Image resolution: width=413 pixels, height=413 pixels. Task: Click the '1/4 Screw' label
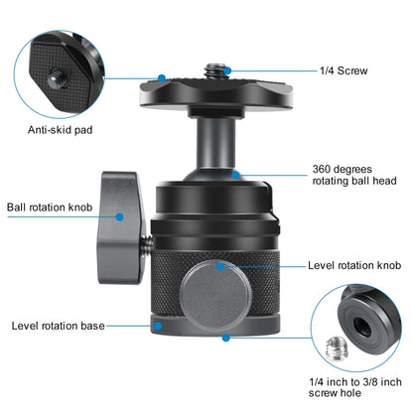coord(344,70)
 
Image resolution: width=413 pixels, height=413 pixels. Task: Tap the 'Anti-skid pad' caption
coord(60,130)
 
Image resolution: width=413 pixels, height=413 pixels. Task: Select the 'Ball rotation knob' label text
coord(50,207)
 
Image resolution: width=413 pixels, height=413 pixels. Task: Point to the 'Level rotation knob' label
coord(354,265)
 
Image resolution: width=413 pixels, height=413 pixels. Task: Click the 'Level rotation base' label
coord(59,326)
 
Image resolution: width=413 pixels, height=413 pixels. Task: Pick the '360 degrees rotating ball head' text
coord(354,175)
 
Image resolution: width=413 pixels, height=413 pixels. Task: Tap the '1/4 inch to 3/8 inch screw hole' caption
coord(355,387)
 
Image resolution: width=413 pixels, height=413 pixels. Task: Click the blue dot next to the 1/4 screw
coord(227,70)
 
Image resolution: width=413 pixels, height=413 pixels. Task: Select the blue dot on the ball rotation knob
coord(120,216)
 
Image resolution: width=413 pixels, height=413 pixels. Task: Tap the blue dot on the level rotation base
coord(158,326)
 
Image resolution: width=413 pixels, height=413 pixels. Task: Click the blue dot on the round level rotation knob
coord(220,266)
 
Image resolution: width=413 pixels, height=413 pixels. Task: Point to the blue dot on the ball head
coord(235,175)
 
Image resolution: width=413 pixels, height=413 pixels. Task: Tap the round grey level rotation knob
coord(215,295)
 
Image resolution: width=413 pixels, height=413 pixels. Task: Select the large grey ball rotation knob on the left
coord(120,227)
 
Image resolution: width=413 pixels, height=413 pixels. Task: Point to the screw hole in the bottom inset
coord(362,326)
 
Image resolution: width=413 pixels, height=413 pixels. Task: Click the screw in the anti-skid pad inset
coord(57,79)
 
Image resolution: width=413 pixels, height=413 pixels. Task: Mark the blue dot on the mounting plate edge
coord(162,78)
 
